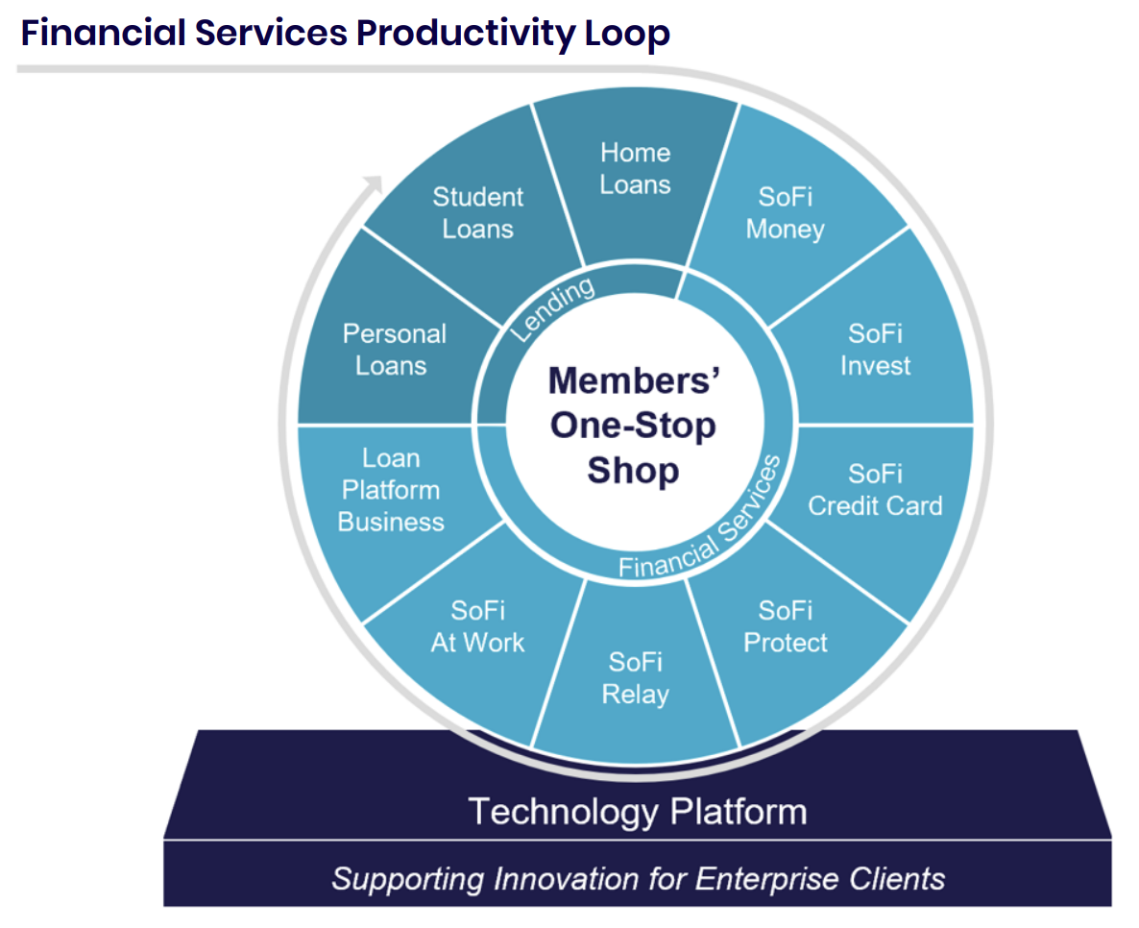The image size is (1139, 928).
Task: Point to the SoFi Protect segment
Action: pyautogui.click(x=788, y=632)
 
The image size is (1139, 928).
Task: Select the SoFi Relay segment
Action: pyautogui.click(x=636, y=676)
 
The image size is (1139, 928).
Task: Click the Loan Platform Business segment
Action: pyautogui.click(x=392, y=491)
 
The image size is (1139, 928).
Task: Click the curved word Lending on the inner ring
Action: pyautogui.click(x=553, y=308)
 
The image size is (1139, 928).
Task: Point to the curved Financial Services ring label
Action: pyautogui.click(x=701, y=520)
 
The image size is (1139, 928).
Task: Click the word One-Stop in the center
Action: pyautogui.click(x=633, y=426)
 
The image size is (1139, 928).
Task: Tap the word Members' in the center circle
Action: pyautogui.click(x=634, y=380)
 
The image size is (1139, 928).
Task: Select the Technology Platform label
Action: pyautogui.click(x=638, y=812)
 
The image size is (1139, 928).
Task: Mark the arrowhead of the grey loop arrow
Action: pyautogui.click(x=374, y=183)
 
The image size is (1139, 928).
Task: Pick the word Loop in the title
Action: pyautogui.click(x=627, y=35)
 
